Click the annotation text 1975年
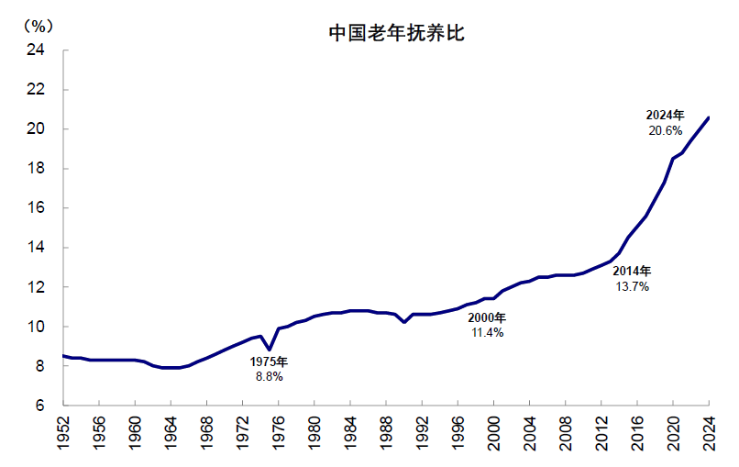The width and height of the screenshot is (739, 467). tap(270, 361)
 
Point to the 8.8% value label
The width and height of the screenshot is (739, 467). tap(269, 376)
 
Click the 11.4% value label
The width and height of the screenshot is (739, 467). tap(487, 332)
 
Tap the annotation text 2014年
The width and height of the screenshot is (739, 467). tap(632, 272)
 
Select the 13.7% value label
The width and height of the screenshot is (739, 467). tap(632, 286)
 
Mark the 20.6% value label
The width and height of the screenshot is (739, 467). tap(665, 131)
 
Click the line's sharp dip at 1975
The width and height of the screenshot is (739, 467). tap(270, 350)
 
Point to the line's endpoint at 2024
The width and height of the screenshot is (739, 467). tap(709, 117)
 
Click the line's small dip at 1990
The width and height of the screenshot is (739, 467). tap(404, 322)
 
